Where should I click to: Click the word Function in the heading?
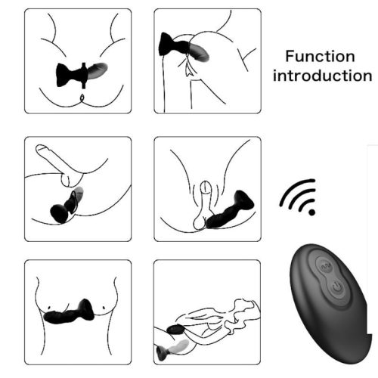[x=320, y=57]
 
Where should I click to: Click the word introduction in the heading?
[x=323, y=76]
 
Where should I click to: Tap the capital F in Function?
[x=290, y=57]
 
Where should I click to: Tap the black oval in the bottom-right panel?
[x=175, y=330]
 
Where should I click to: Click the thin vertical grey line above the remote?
[x=367, y=197]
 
